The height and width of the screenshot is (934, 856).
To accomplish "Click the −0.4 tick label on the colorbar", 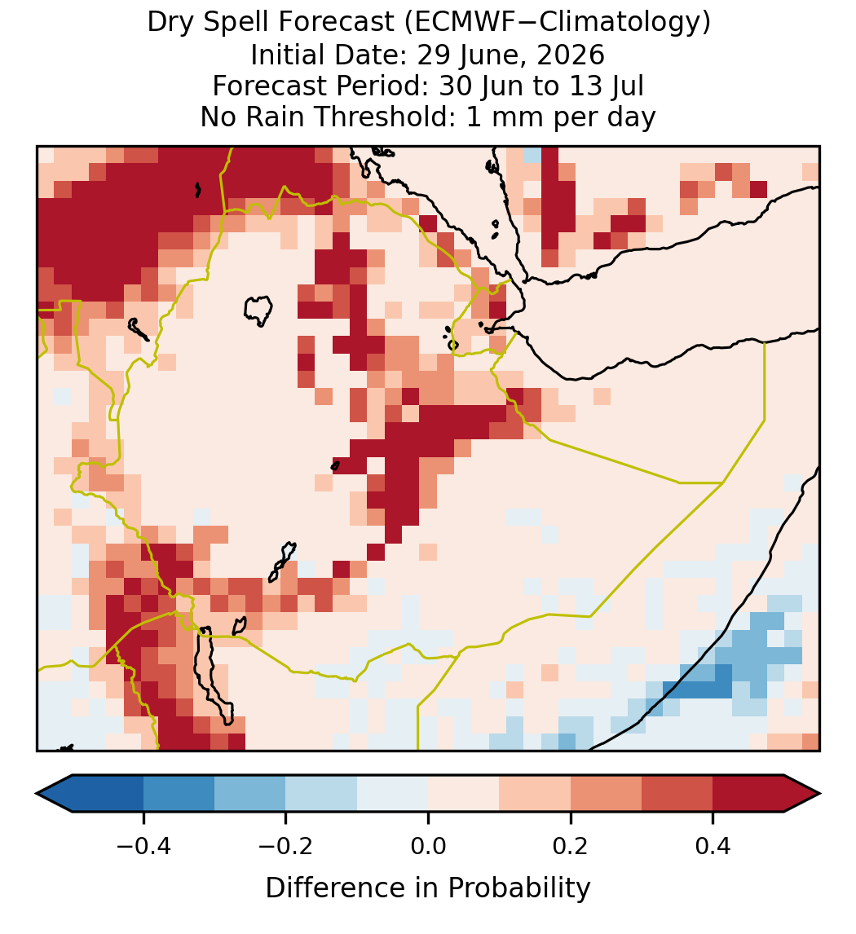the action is coord(143,845).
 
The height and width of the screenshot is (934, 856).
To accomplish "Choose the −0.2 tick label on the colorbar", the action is coord(285,845).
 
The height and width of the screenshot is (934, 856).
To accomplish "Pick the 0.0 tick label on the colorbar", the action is coord(428,845).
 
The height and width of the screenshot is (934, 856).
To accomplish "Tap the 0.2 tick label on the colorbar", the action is coord(571,845).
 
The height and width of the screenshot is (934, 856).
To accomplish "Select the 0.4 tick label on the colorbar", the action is coord(713,845).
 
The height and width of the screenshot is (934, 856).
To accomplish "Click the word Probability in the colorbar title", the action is coord(518,888).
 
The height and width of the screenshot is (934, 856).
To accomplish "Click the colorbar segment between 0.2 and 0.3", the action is coord(606,794).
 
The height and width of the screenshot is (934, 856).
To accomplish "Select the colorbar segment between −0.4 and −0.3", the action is coord(179,794).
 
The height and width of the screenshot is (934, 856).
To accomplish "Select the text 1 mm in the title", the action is coord(506,117).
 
